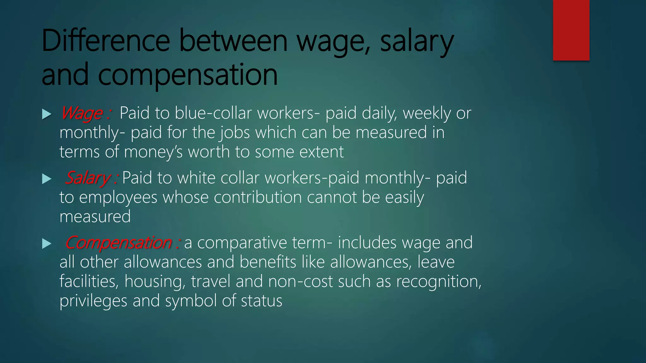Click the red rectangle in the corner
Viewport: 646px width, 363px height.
pos(571,30)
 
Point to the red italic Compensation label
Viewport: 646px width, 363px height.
pos(119,243)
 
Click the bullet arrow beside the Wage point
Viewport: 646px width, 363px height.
pos(47,114)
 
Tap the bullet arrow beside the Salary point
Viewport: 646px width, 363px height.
pos(47,179)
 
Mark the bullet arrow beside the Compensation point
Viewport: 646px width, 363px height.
pos(47,244)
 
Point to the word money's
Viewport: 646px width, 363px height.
pos(153,152)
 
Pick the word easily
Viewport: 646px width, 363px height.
pos(404,198)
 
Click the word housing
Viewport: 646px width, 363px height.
pos(155,281)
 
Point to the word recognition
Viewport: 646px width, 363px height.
pos(438,281)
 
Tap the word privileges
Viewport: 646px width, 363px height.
pos(93,301)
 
